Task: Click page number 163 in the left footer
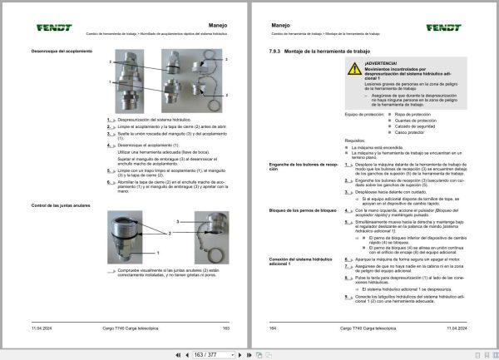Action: [x=225, y=329]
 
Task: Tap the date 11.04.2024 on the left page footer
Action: [x=43, y=329]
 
